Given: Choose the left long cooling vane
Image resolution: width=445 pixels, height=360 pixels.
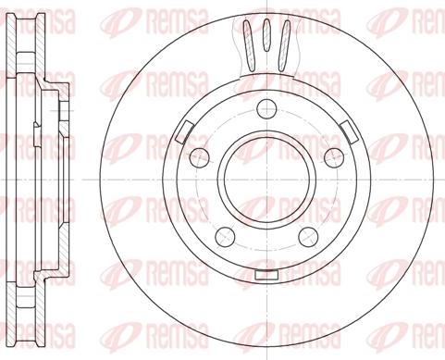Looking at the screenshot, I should click(x=247, y=42).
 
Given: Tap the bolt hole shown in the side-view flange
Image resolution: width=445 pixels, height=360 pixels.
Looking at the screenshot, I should click(x=57, y=111).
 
